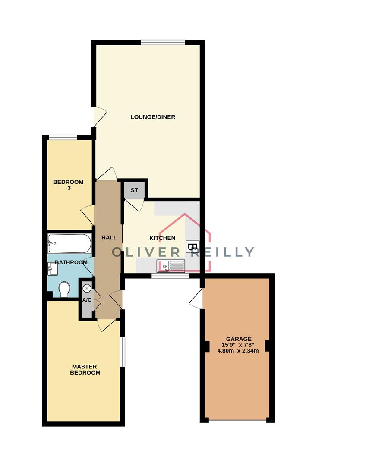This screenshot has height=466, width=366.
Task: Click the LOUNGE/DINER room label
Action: [153, 117]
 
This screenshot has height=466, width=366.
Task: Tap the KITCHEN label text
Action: [162, 238]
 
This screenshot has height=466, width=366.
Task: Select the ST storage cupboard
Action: [134, 190]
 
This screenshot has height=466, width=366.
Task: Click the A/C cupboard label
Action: [87, 300]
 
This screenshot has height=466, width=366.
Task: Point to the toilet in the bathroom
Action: [64, 289]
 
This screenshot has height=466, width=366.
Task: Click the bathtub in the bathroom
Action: [69, 243]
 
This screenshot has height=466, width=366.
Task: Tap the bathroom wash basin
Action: [53, 269]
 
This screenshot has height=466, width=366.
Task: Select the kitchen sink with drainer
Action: [171, 266]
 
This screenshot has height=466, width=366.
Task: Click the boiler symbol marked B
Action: [192, 246]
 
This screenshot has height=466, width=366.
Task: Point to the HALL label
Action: [109, 237]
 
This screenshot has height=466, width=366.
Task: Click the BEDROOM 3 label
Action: [68, 185]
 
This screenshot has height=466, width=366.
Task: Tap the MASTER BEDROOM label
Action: [85, 370]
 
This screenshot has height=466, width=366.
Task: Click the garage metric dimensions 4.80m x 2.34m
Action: [238, 351]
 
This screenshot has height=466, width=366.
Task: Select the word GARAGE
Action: [239, 339]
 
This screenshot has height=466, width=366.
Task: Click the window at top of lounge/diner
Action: [163, 42]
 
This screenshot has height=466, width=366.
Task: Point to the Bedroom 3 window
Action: [63, 137]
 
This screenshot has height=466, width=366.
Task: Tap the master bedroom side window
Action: [122, 352]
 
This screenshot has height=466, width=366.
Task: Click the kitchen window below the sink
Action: [170, 276]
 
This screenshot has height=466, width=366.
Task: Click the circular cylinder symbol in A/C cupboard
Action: [87, 288]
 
